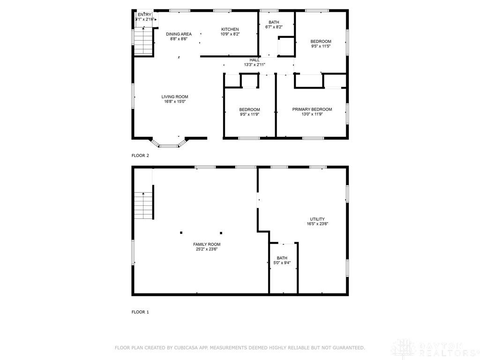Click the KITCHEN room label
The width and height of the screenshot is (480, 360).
point(230,30)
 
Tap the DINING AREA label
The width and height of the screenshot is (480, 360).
point(179,34)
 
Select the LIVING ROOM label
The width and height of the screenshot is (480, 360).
point(175,97)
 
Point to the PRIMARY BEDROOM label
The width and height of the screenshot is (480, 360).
point(312,110)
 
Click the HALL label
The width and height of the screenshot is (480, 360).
point(255,60)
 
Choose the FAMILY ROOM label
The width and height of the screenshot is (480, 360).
point(207,245)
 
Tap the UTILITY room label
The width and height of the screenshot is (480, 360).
point(317,219)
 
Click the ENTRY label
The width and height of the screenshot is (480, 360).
point(144,15)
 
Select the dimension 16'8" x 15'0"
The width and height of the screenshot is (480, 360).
point(175,102)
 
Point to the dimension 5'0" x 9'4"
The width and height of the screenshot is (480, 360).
point(282,263)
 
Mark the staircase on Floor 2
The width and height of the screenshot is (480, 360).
point(144,41)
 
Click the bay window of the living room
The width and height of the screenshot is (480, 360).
point(169,144)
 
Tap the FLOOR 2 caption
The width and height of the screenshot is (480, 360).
point(140,156)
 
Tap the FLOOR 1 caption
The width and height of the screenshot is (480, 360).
point(140,312)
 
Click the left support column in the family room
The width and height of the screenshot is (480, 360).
point(181,232)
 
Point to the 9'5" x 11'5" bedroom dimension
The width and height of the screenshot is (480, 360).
point(321,46)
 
